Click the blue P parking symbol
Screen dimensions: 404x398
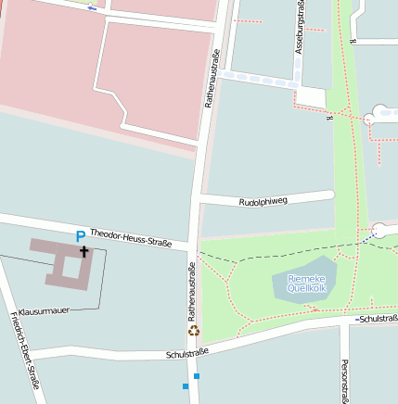(x=81, y=236)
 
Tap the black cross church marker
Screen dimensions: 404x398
(x=84, y=250)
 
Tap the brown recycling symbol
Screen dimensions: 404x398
(x=194, y=329)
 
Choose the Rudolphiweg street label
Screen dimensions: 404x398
(x=263, y=200)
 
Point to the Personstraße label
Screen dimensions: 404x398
(x=344, y=380)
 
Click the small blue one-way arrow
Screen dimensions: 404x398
(x=91, y=7)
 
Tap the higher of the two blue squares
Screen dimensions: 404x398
(x=196, y=376)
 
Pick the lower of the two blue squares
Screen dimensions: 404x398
(x=186, y=385)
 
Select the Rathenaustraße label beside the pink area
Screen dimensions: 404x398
(x=212, y=79)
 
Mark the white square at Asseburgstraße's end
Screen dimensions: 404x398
(x=312, y=97)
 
